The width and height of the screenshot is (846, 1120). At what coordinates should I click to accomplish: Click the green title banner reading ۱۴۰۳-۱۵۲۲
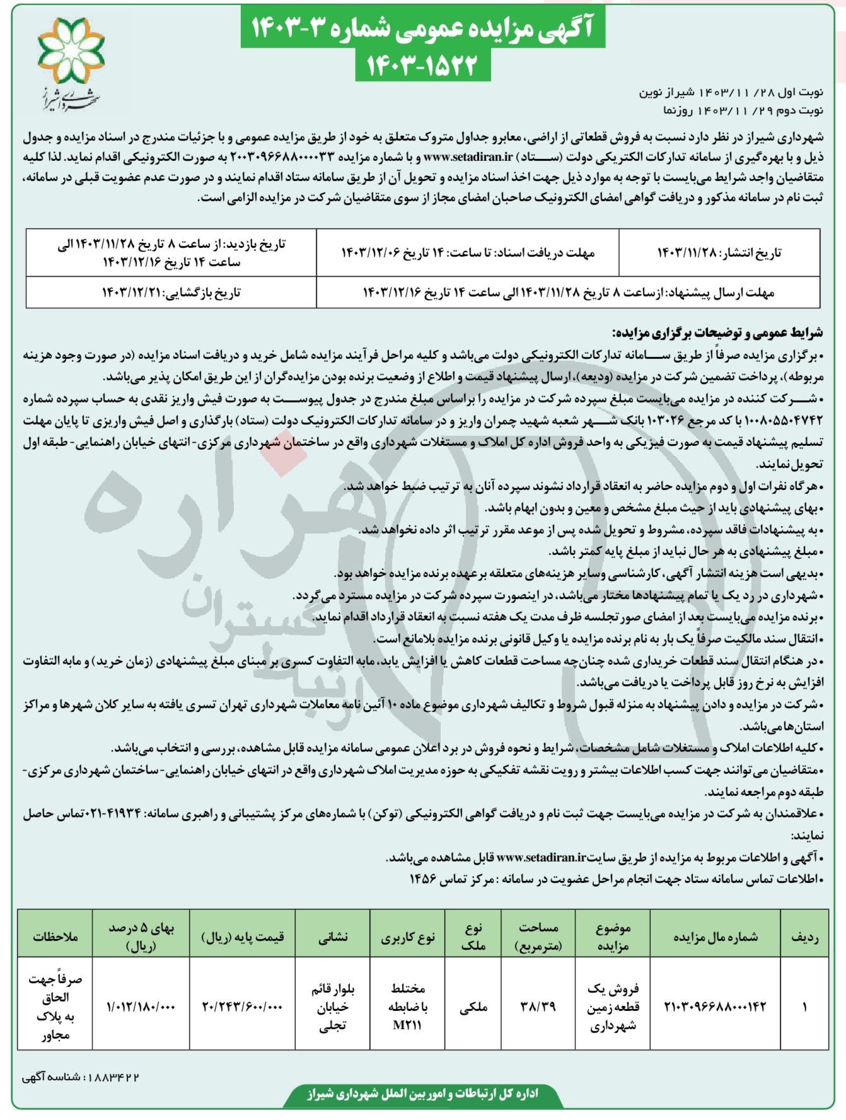click(422, 65)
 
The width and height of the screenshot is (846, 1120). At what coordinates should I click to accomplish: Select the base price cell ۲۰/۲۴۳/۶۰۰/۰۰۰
click(243, 1007)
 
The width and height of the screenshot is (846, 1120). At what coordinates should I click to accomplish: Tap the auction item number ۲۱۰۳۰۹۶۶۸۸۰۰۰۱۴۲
click(715, 1007)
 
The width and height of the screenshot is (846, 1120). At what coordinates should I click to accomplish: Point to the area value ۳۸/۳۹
click(538, 1007)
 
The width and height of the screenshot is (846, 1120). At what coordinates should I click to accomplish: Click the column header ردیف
click(805, 938)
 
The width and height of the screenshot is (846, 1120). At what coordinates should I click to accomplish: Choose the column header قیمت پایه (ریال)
click(243, 938)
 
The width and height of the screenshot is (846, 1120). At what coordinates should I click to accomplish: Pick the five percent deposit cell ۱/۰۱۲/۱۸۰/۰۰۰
click(141, 1007)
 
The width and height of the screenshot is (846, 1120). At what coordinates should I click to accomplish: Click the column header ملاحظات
click(55, 938)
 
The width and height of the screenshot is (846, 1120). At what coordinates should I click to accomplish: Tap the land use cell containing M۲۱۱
click(408, 1007)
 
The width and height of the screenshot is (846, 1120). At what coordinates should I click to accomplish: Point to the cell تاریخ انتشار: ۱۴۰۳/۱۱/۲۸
click(719, 253)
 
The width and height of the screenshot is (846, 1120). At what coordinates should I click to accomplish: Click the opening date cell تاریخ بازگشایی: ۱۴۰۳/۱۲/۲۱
click(171, 293)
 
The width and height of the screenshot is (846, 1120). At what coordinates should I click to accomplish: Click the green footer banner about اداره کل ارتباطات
click(423, 1094)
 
